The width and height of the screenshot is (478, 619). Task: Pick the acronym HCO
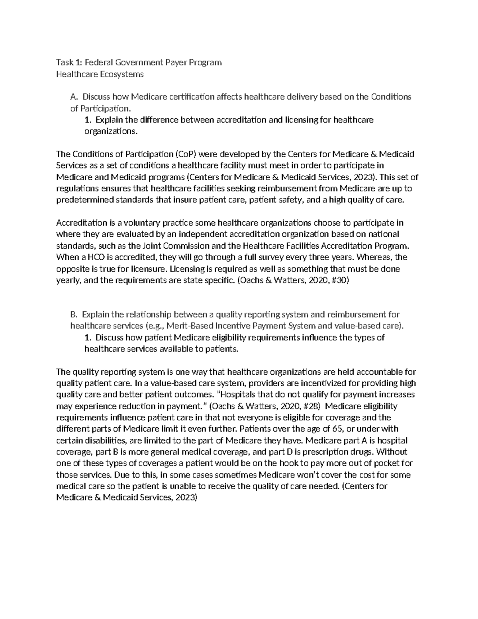pos(96,257)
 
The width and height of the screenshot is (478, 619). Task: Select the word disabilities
pos(100,441)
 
